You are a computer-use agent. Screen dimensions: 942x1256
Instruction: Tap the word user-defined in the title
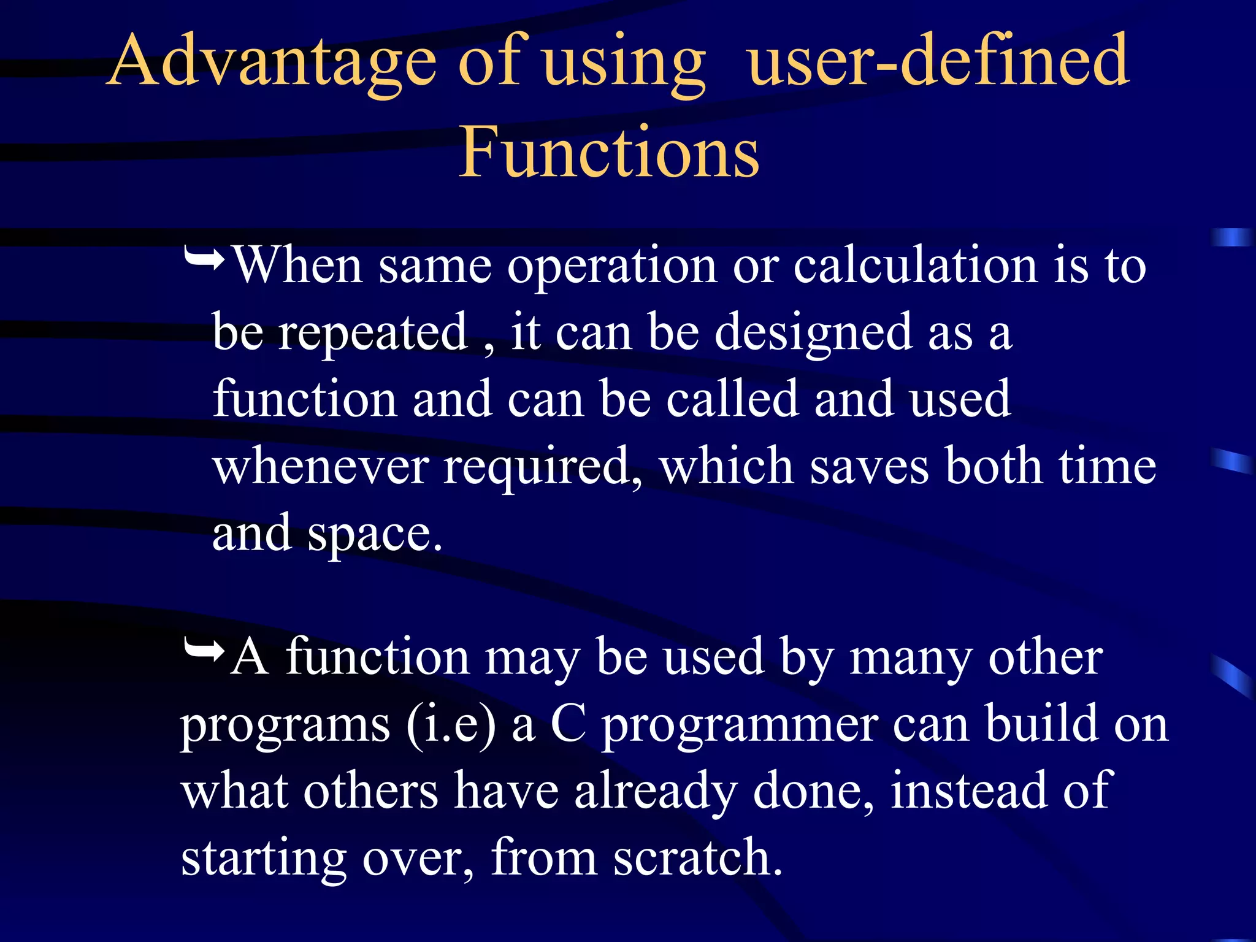938,61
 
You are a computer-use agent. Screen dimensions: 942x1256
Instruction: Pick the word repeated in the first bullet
373,334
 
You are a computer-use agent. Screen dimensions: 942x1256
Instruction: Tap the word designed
813,334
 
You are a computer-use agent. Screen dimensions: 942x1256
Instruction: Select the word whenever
320,467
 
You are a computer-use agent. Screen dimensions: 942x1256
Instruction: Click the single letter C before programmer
569,725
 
